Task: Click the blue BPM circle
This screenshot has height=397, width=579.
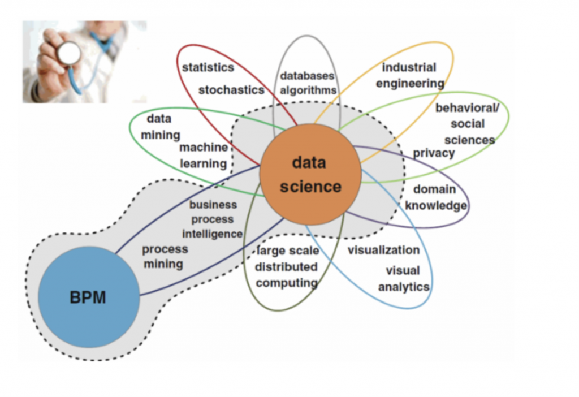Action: pos(89,297)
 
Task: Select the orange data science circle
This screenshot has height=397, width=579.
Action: pos(310,174)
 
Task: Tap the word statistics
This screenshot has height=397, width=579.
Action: pos(208,68)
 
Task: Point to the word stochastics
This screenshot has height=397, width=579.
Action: pos(231,90)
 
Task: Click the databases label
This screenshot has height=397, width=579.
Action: pos(307,76)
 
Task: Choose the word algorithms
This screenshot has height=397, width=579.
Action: pos(308,90)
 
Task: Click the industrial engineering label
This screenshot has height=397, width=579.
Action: pos(410,75)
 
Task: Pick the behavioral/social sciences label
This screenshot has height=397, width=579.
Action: pos(468,124)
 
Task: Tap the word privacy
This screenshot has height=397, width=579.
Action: pos(434,153)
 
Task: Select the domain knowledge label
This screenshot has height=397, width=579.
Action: pos(436,197)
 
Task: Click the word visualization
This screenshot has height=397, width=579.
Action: pos(384,250)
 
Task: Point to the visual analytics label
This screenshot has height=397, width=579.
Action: pos(404,279)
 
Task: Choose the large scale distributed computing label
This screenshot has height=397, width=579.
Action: pos(287,266)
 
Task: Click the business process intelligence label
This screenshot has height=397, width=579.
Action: pos(213,219)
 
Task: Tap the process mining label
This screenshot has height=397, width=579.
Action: pos(165,257)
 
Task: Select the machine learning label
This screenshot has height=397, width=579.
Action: pos(204,156)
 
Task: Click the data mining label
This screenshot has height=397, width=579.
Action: pos(160,127)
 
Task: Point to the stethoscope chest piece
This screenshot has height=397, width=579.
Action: pos(68,54)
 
